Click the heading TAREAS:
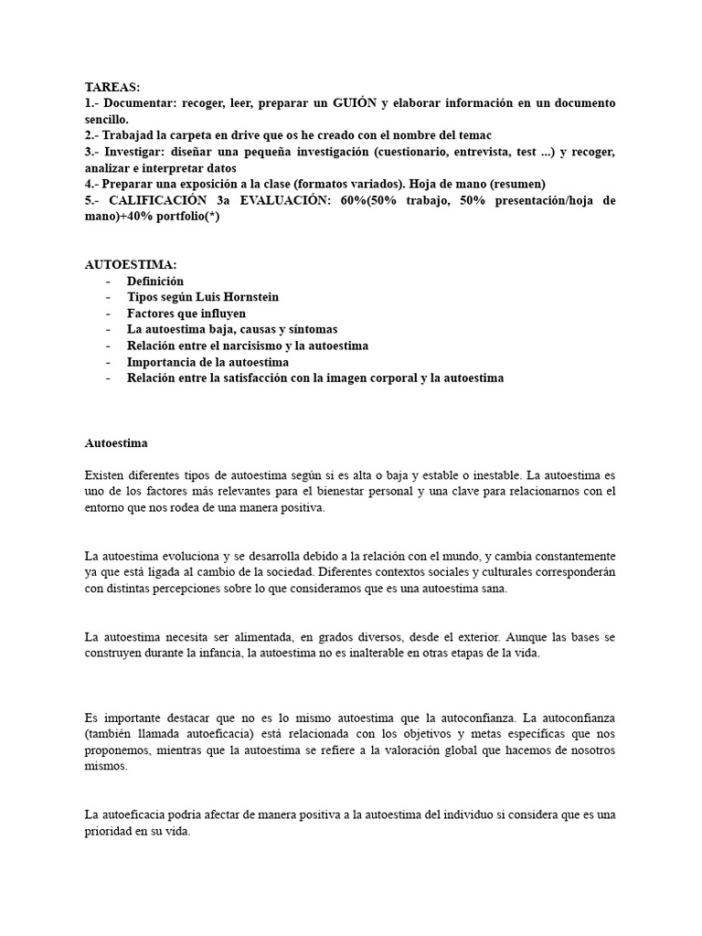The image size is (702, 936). [x=112, y=88]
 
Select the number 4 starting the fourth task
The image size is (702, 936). [x=89, y=183]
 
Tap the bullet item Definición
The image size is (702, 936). [x=155, y=282]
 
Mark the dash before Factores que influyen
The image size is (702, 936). [x=110, y=314]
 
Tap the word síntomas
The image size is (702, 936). [x=310, y=329]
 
